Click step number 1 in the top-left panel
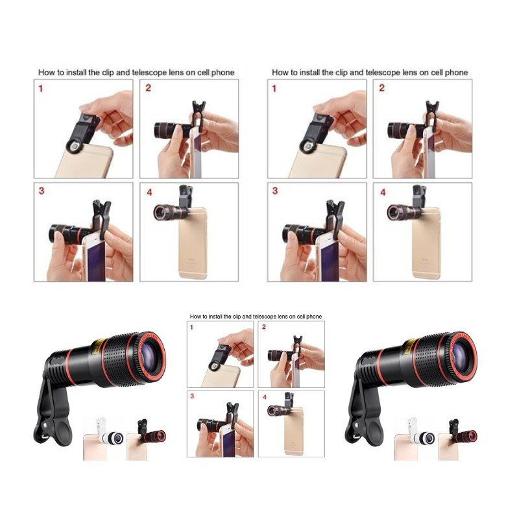pos(41,88)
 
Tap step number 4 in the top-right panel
pos(383,192)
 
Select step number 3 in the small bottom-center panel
pos(192,396)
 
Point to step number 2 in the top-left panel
pos(149,88)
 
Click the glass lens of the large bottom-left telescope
pos(152,352)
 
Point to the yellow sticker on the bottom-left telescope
pos(98,346)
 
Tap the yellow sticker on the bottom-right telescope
pos(409,345)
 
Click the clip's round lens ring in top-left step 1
pos(75,147)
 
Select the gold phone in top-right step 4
pos(427,243)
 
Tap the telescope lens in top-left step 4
pos(170,210)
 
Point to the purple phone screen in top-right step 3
pos(330,261)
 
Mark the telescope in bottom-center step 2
pos(280,355)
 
